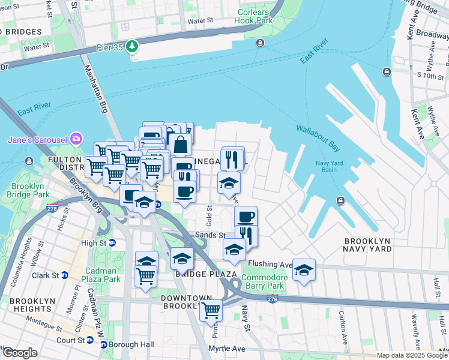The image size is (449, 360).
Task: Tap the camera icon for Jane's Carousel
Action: coord(76,139)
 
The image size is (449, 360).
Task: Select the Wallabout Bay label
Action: coord(318,137)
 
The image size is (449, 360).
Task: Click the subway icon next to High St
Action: coord(112,243)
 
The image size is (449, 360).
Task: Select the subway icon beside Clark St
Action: coord(65,275)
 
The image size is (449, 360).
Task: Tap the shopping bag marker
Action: coord(180,145)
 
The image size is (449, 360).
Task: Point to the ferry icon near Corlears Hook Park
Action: coord(260,43)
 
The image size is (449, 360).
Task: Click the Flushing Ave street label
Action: coord(270,264)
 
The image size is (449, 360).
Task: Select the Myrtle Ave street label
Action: coord(227,349)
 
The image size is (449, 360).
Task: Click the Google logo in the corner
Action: coord(19,353)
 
